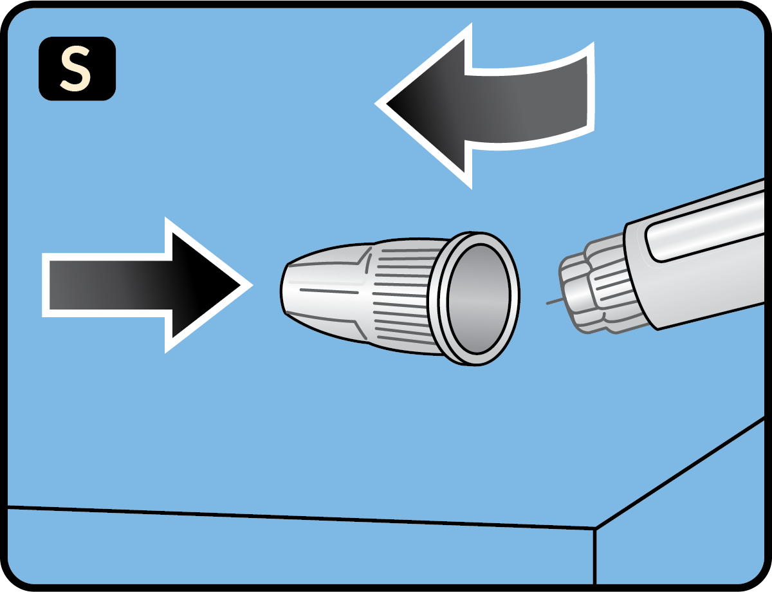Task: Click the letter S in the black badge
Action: coord(76,69)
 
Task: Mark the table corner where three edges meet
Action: coord(595,529)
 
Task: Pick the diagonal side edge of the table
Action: coord(682,473)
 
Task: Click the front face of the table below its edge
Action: coord(289,553)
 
